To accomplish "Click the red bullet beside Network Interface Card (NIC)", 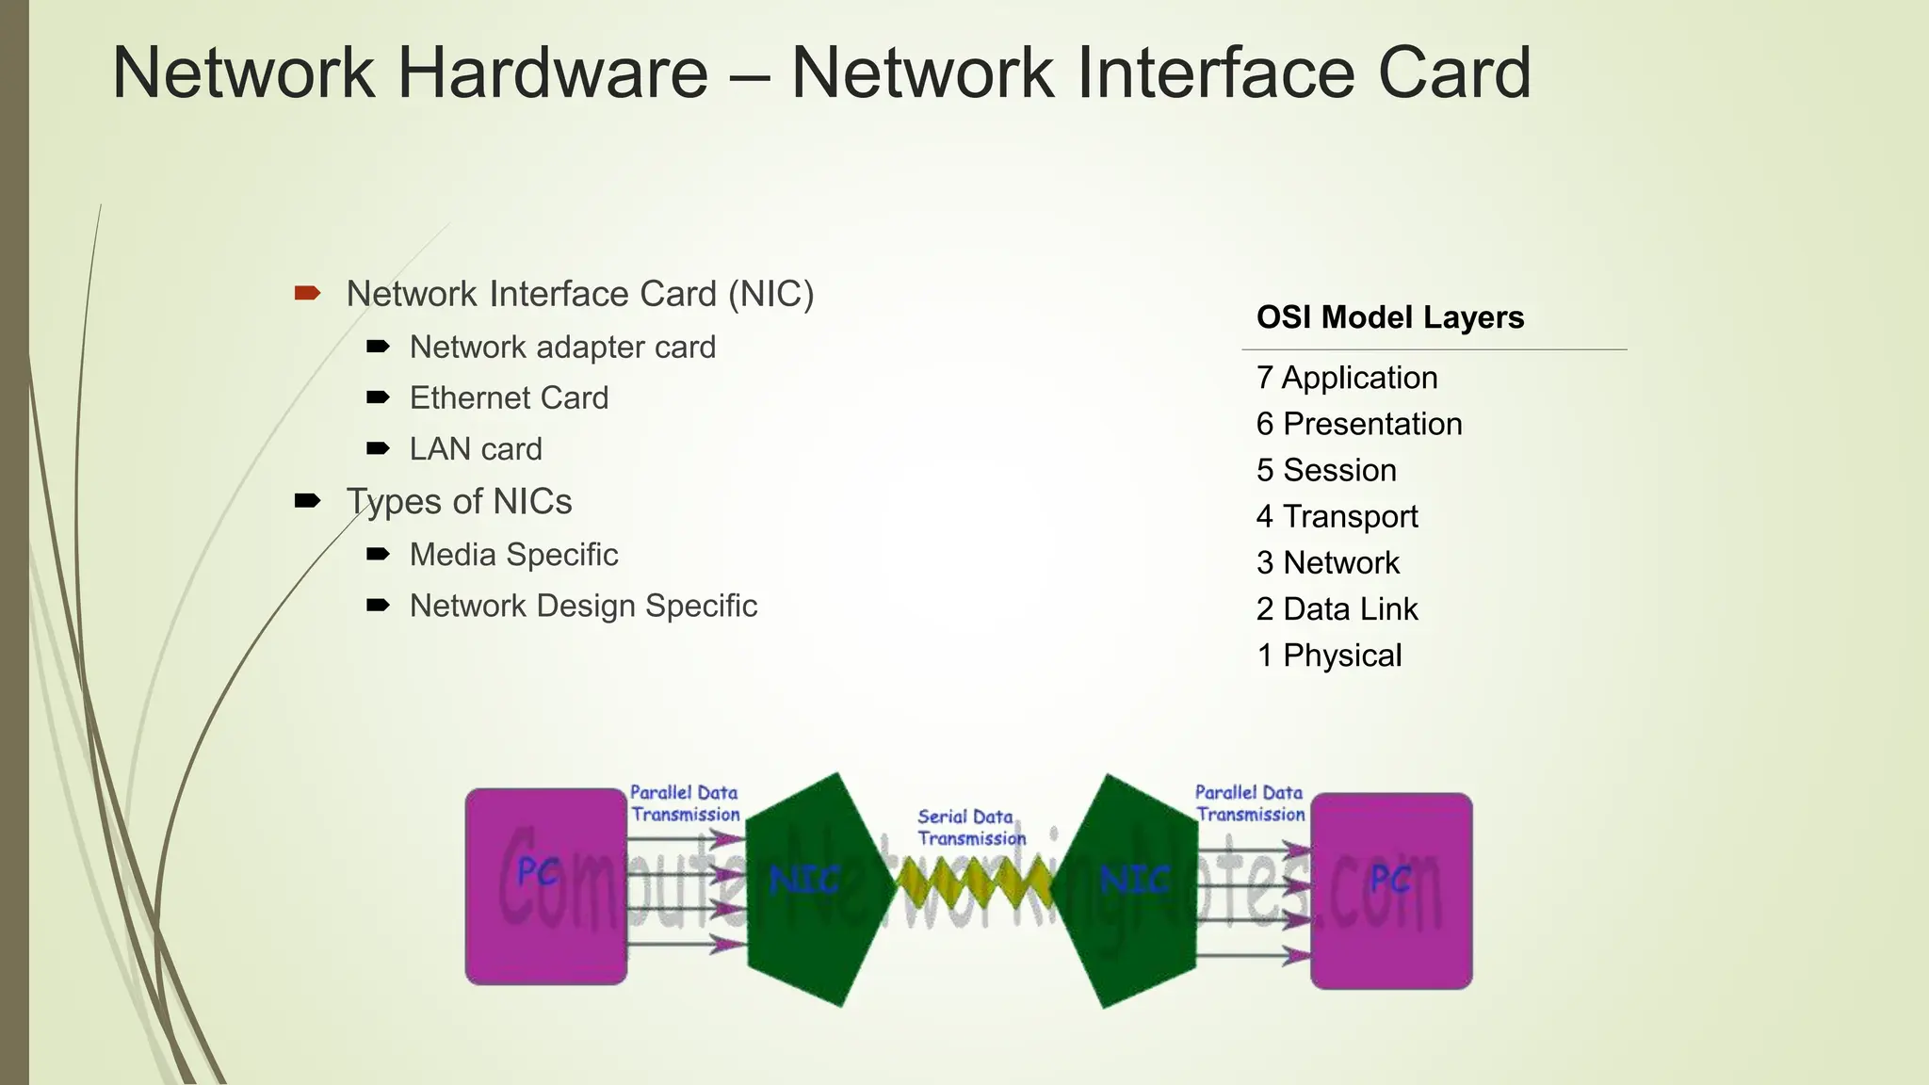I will pyautogui.click(x=307, y=294).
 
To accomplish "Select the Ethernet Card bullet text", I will pyautogui.click(x=509, y=397).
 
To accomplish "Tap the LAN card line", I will pyautogui.click(x=476, y=448).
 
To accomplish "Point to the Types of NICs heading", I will pyautogui.click(x=459, y=501).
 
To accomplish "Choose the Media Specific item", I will pyautogui.click(x=513, y=554).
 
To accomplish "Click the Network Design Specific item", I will pyautogui.click(x=583, y=606).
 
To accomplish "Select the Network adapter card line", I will pyautogui.click(x=562, y=347).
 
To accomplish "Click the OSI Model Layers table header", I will pyautogui.click(x=1389, y=317).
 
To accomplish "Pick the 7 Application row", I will pyautogui.click(x=1347, y=378).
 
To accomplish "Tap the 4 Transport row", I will pyautogui.click(x=1337, y=516).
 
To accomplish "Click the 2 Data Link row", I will pyautogui.click(x=1337, y=608).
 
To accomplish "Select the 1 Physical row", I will pyautogui.click(x=1329, y=655).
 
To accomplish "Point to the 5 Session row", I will pyautogui.click(x=1326, y=470).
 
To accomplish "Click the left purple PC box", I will pyautogui.click(x=546, y=885).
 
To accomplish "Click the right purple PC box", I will pyautogui.click(x=1390, y=890).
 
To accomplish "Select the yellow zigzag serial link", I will pyautogui.click(x=973, y=883).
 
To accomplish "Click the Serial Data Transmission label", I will pyautogui.click(x=970, y=827).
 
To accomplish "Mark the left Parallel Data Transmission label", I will pyautogui.click(x=685, y=803).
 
